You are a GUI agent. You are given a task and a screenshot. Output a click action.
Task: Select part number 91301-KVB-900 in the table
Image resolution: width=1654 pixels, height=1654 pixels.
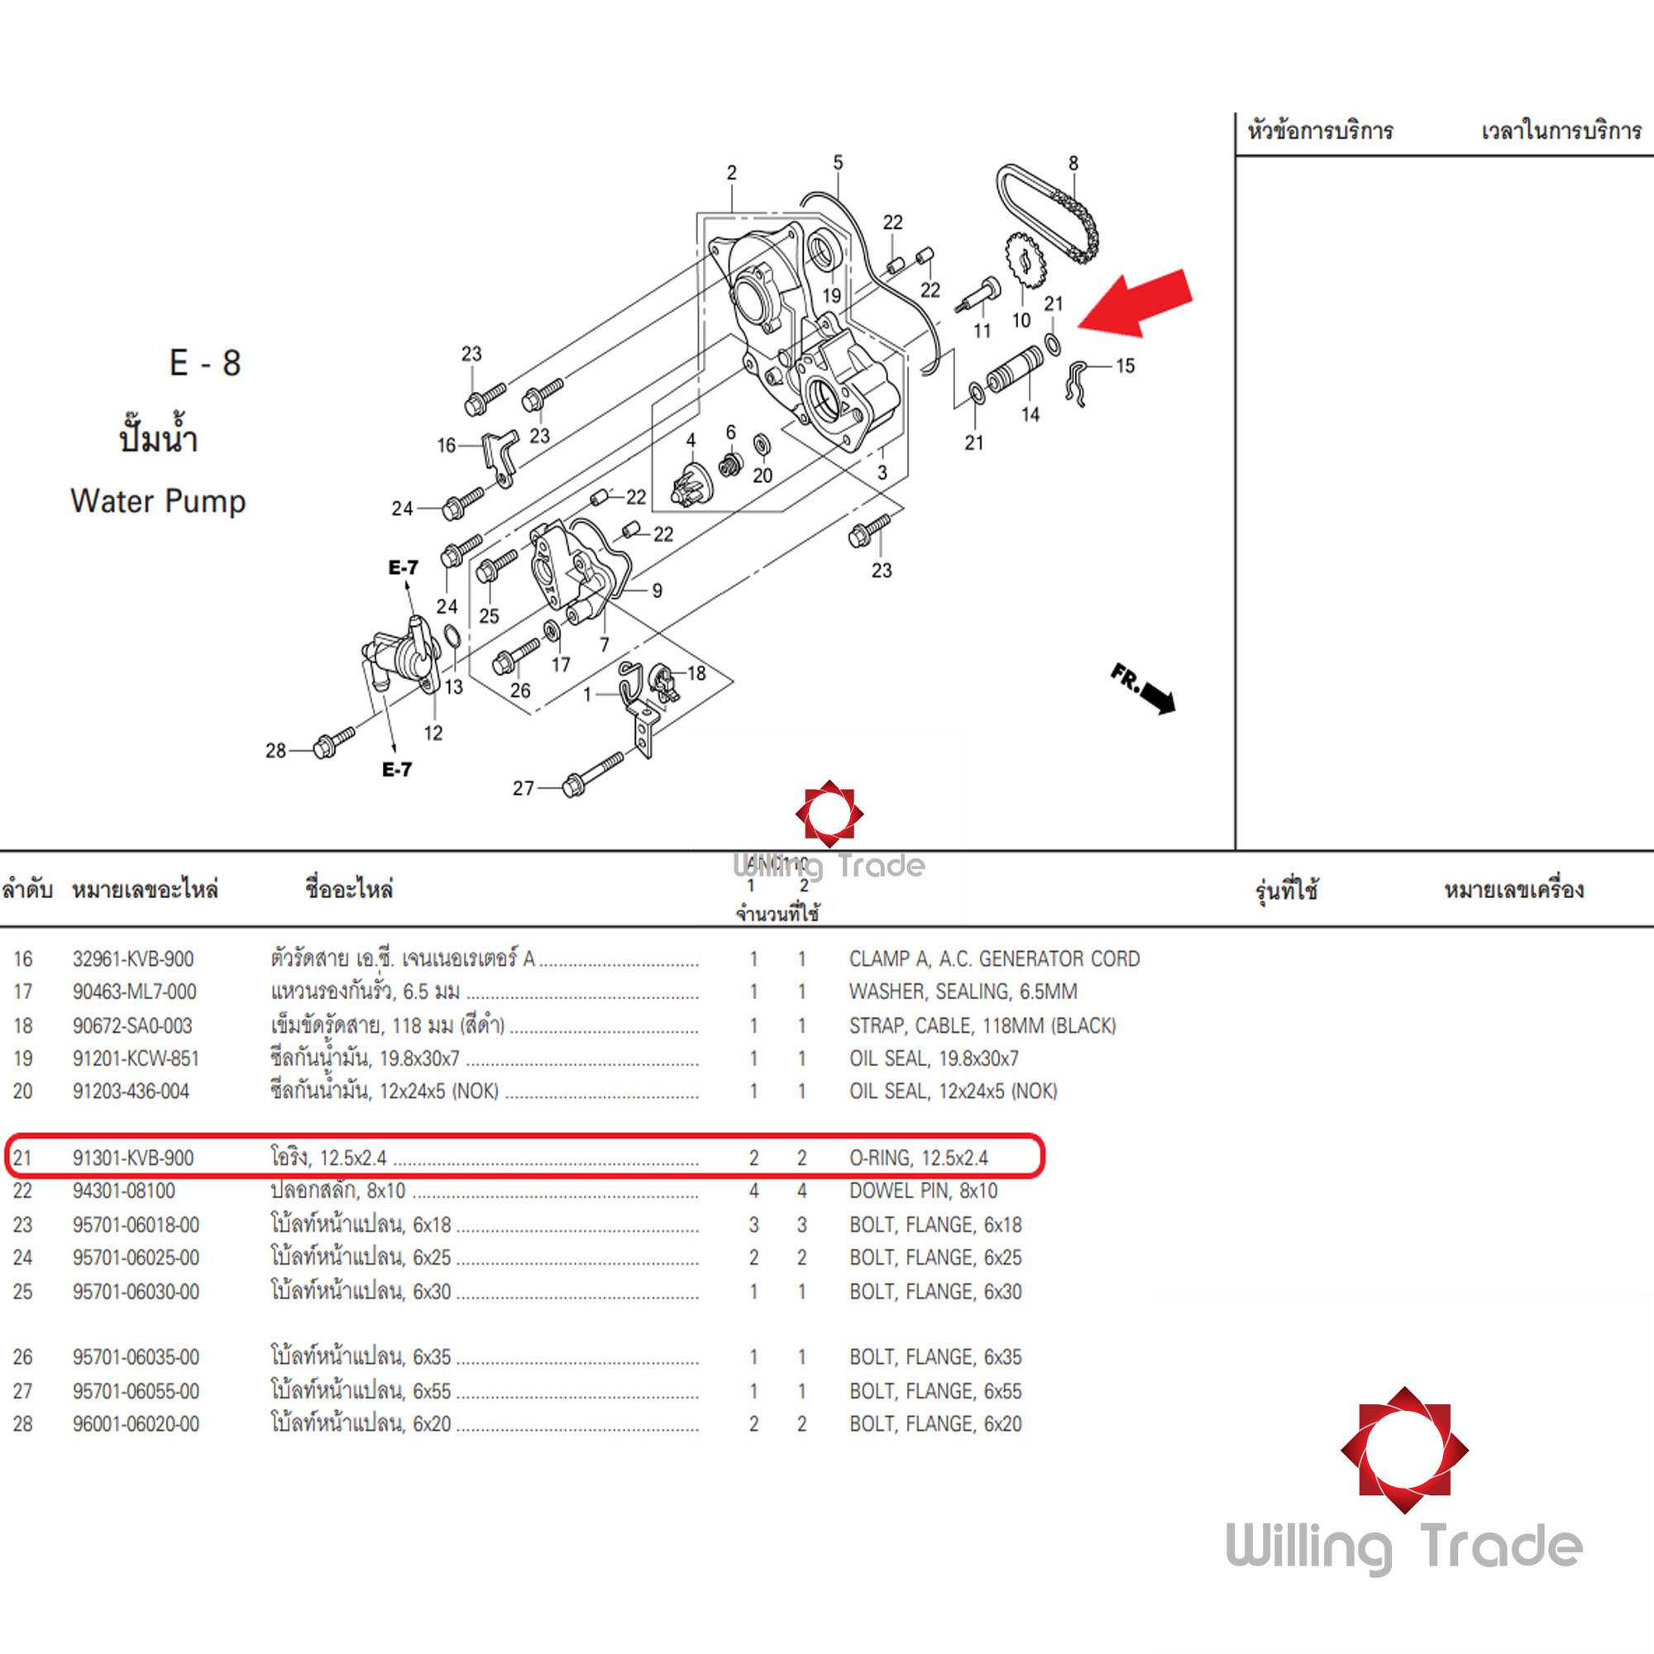132,1159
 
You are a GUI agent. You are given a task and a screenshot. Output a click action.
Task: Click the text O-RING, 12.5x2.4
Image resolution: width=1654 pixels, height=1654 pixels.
918,1159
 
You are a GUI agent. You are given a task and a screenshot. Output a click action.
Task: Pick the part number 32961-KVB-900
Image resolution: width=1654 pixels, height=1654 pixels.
132,958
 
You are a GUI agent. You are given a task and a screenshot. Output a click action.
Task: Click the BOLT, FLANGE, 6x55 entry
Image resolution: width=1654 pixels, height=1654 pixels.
935,1391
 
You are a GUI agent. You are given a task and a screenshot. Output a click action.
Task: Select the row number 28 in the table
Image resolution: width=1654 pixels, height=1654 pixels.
23,1425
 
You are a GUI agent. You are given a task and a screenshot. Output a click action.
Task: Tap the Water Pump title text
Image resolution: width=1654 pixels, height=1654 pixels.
159,501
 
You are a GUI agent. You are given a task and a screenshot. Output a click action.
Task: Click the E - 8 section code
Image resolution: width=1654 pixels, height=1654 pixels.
205,363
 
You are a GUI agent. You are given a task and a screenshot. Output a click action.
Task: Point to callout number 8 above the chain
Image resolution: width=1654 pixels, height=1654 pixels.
1073,163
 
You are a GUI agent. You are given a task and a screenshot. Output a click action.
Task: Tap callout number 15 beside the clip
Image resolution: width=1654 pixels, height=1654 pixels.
1125,366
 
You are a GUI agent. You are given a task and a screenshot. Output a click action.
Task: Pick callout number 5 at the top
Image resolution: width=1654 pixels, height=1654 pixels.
837,162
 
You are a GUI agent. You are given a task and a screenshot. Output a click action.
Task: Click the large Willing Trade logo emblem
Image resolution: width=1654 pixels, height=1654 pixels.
1404,1451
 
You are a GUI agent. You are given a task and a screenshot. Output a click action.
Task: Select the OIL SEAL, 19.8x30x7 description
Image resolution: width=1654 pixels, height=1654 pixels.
933,1059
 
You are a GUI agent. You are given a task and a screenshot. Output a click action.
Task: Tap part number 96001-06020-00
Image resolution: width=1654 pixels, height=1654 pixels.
136,1425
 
